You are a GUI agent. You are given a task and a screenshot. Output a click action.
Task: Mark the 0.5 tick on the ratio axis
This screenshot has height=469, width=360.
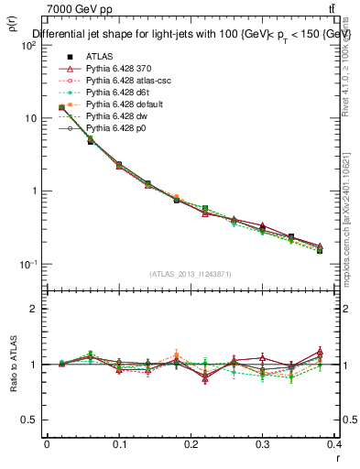[x=34, y=420]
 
